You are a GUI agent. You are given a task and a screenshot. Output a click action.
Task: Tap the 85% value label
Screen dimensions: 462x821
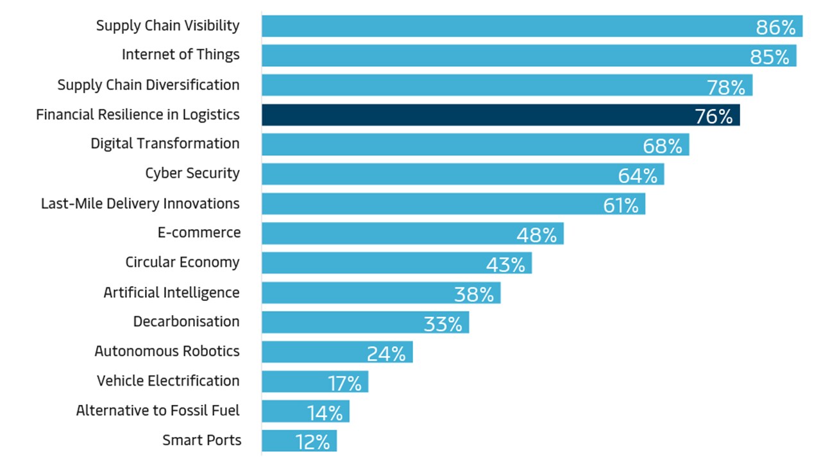770,57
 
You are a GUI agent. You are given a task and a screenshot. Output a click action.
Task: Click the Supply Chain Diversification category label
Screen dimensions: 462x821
148,85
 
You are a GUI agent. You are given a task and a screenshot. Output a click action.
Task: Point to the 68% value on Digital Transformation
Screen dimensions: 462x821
663,146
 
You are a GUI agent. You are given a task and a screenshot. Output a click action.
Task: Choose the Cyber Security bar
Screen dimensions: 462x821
462,174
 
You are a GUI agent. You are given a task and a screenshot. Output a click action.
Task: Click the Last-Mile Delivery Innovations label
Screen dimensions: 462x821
140,204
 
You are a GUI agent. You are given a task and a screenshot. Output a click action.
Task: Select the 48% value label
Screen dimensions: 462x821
537,235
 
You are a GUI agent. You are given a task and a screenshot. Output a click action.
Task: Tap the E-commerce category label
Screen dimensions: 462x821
199,233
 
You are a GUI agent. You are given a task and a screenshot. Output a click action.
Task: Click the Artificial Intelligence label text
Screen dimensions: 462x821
171,293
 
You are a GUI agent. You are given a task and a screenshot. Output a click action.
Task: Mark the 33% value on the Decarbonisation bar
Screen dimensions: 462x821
443,324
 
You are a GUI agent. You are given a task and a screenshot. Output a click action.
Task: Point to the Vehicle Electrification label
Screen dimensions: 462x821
168,381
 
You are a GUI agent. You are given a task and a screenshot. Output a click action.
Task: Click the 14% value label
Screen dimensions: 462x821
325,413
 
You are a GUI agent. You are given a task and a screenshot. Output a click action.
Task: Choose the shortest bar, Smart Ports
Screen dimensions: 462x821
299,441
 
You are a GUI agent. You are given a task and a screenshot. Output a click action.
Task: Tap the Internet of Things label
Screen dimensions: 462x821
180,55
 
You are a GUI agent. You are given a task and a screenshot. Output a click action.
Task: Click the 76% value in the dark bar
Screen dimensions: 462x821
713,117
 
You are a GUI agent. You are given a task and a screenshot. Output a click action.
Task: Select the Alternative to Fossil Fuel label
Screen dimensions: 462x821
158,411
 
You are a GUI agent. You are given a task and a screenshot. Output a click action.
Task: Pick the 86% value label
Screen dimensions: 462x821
775,28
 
